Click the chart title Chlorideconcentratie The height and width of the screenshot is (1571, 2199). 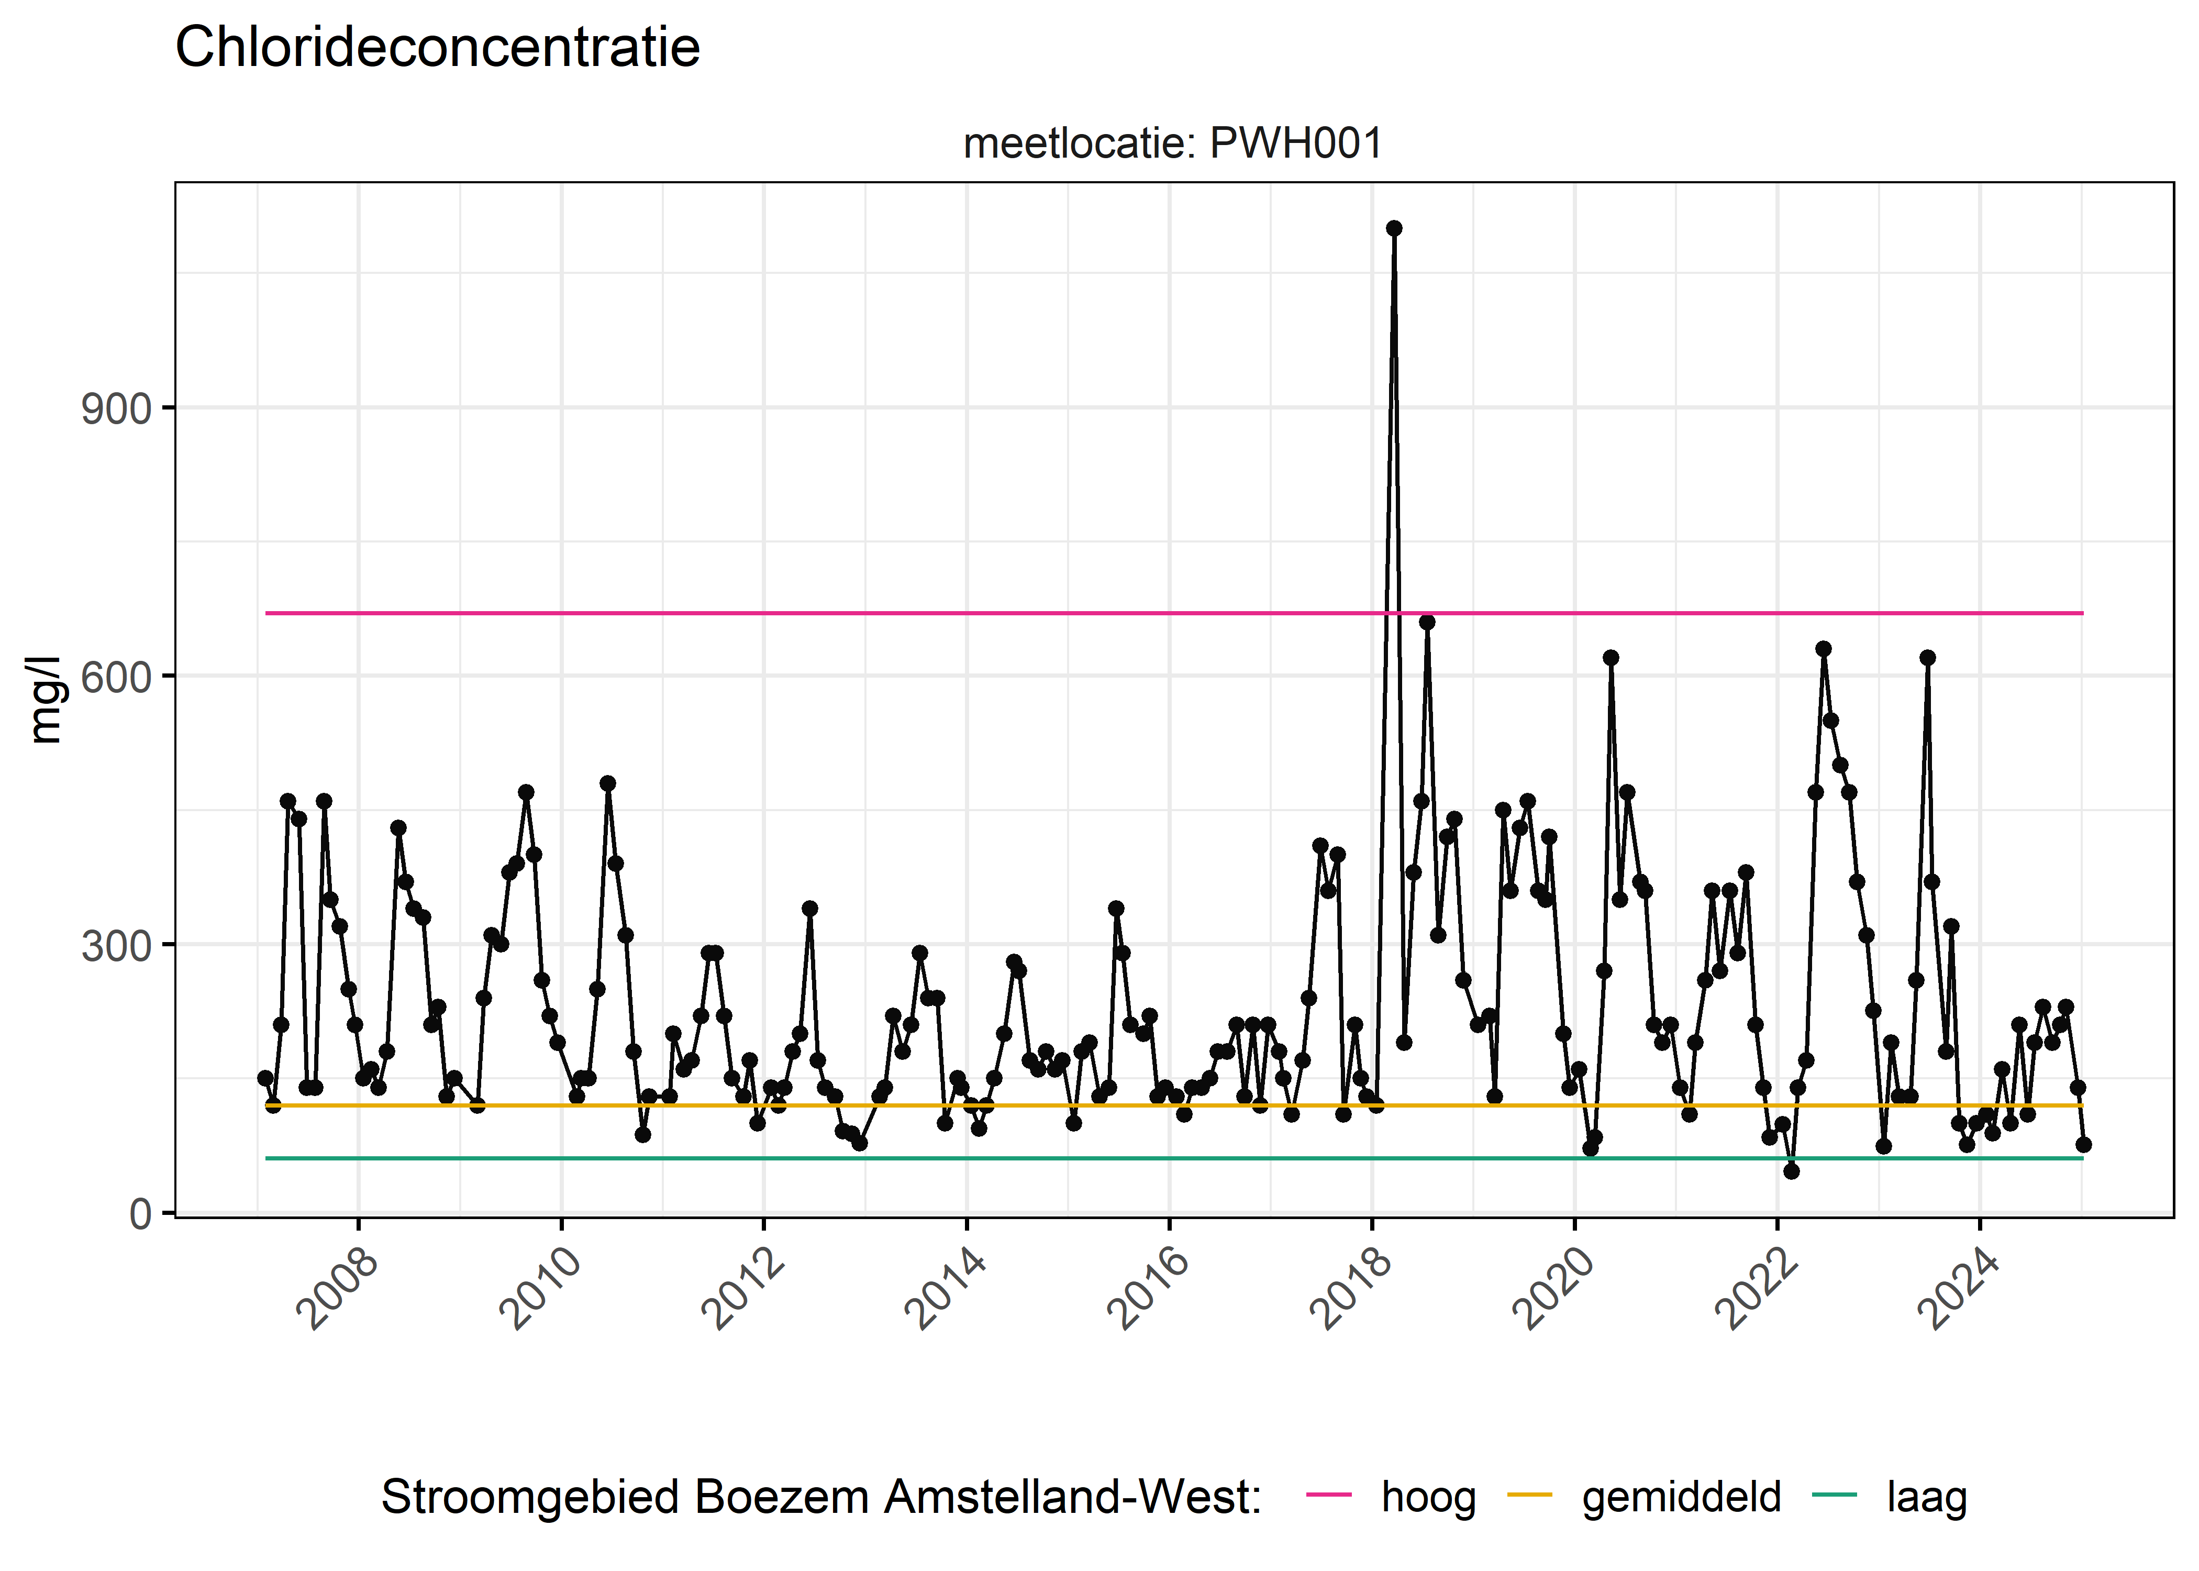point(437,48)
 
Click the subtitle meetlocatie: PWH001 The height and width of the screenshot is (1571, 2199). point(1172,144)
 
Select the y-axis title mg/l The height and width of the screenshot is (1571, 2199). point(46,700)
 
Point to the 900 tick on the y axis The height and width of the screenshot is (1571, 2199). point(116,409)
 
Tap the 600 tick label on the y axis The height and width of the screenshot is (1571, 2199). point(116,677)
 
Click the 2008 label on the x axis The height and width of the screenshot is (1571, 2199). point(338,1289)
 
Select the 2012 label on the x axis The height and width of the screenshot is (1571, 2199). point(742,1289)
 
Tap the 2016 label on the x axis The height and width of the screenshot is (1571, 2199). point(1148,1289)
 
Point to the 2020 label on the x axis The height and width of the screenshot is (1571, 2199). point(1553,1289)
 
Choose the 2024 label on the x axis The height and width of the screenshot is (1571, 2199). point(1958,1289)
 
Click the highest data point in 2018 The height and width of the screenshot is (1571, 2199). point(1393,228)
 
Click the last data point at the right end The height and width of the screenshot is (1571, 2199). point(2083,1144)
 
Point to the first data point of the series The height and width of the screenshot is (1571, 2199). point(265,1078)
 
